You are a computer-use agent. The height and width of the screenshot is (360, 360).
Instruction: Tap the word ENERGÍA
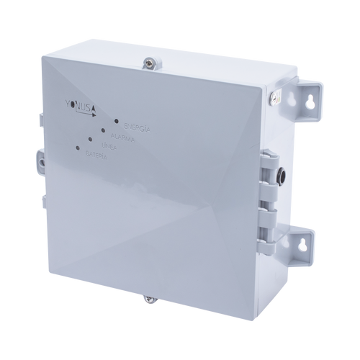coord(136,126)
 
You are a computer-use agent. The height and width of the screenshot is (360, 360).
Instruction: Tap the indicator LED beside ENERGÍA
coord(117,122)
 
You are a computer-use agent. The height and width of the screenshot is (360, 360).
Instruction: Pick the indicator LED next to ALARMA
coord(104,131)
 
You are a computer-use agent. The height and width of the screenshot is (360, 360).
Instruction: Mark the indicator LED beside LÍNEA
coord(90,140)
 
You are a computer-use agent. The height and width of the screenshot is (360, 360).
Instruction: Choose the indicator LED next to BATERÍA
coord(77,149)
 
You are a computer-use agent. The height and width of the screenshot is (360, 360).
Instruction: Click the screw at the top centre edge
coord(148,63)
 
